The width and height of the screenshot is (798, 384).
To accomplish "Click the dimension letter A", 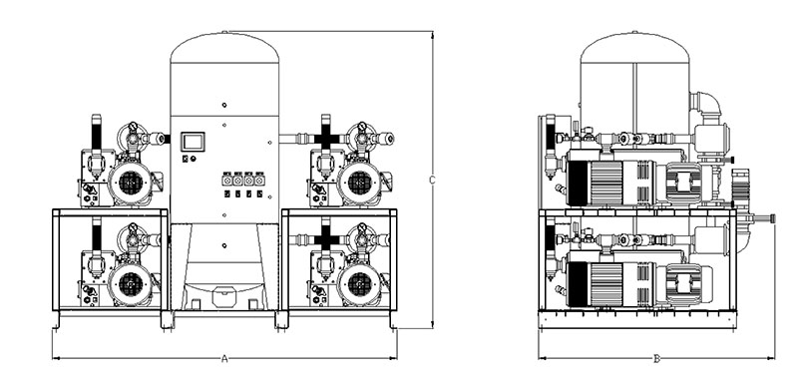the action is click(x=224, y=359).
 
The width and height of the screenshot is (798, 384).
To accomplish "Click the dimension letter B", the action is click(x=656, y=359).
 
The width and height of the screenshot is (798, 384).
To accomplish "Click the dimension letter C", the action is click(x=432, y=180).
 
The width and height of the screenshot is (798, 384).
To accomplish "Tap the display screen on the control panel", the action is click(x=193, y=142).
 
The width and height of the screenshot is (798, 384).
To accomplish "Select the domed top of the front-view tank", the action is click(x=224, y=47).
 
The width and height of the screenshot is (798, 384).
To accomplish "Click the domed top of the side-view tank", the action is click(x=634, y=47).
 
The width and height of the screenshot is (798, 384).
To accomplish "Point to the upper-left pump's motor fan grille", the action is click(x=131, y=183).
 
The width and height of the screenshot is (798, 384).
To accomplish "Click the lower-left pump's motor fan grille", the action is click(x=131, y=283).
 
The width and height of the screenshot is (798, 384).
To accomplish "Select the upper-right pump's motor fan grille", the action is click(x=360, y=183).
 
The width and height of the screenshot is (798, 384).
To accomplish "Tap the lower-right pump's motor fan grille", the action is click(x=360, y=283).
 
